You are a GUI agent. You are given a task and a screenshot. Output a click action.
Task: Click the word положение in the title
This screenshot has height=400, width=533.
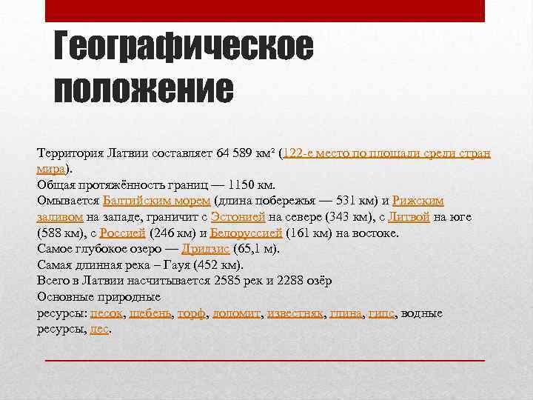pos(144,90)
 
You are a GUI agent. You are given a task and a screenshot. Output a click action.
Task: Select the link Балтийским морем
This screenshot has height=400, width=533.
pos(157,200)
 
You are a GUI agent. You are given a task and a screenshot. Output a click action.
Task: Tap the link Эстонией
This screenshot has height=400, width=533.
pos(235,216)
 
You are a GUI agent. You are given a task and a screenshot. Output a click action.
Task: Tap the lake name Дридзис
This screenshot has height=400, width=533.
pos(205,249)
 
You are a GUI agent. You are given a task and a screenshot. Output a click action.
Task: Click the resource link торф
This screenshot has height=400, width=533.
pos(192,313)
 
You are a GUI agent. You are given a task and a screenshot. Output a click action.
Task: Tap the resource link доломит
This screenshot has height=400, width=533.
pos(236,313)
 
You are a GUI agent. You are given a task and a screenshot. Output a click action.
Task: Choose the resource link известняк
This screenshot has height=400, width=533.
pos(295,313)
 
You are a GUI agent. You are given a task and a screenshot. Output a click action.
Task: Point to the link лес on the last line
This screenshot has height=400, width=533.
pos(99,330)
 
